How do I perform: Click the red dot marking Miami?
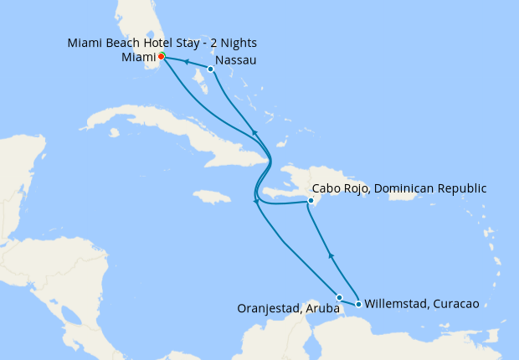[162, 56]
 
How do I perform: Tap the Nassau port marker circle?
[210, 69]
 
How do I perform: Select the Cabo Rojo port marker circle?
[311, 201]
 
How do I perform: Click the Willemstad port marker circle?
[358, 304]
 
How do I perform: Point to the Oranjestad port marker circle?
[339, 297]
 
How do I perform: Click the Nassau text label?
[235, 61]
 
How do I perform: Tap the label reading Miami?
[138, 58]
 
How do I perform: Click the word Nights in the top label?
[237, 42]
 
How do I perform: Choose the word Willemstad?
[396, 304]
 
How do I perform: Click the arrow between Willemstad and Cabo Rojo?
[331, 255]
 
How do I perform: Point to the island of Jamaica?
[211, 197]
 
